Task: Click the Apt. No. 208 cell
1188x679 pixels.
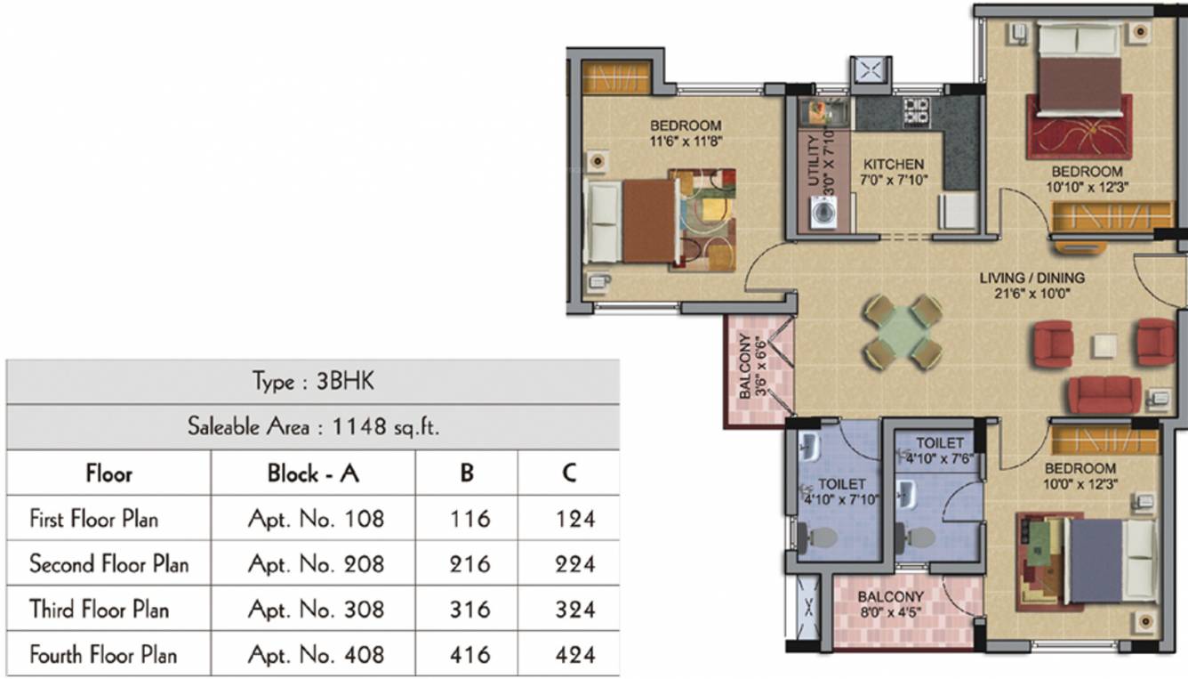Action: (315, 564)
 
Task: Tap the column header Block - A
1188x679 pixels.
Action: (313, 473)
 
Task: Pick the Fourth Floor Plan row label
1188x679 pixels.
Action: (103, 656)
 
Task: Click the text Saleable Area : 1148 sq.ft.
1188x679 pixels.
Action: (313, 427)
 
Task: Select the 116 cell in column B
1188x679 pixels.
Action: (469, 518)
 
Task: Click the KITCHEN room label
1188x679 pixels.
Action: (894, 165)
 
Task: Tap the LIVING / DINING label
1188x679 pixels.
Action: (1032, 278)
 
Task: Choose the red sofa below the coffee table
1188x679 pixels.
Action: (1104, 394)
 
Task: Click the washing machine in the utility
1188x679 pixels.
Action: (823, 214)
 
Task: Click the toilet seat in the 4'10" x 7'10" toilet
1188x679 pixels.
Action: (820, 537)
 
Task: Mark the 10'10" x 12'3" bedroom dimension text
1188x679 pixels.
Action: (1087, 187)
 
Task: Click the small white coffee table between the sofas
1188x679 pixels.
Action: (1105, 345)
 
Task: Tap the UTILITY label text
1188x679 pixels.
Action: (813, 162)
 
